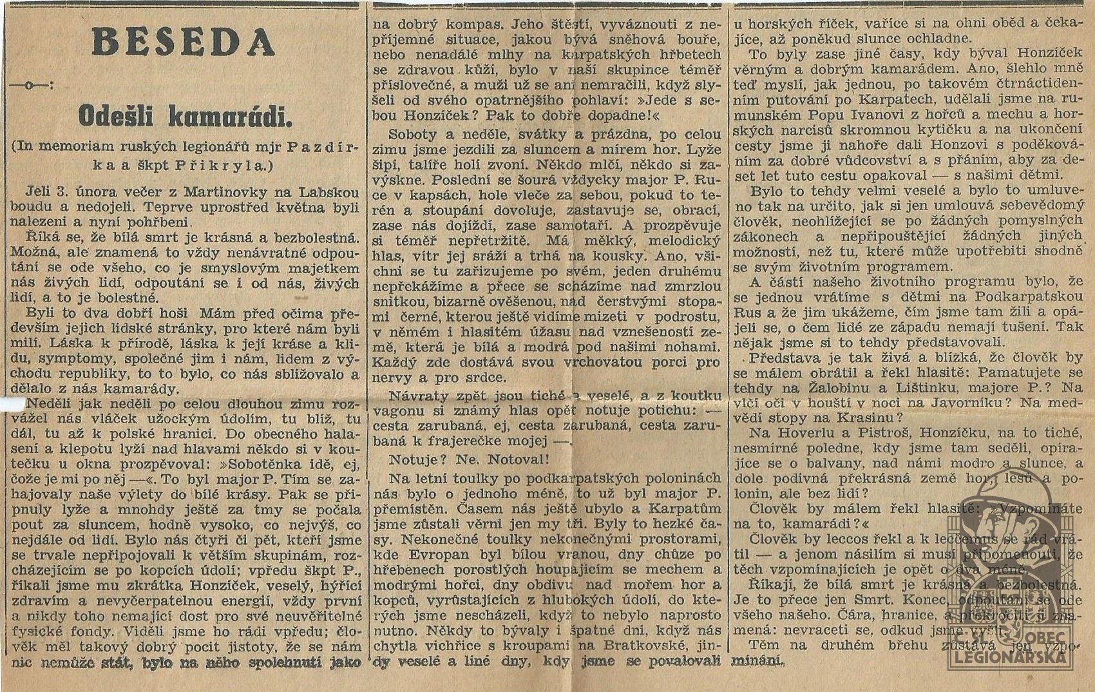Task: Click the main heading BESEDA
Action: point(184,43)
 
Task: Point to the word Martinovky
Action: point(210,192)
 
